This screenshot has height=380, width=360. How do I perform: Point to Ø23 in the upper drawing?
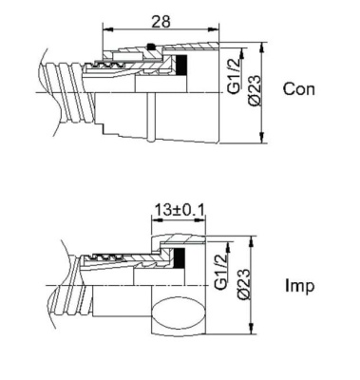click(x=253, y=88)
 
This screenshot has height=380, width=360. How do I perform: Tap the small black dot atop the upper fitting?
click(x=153, y=46)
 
